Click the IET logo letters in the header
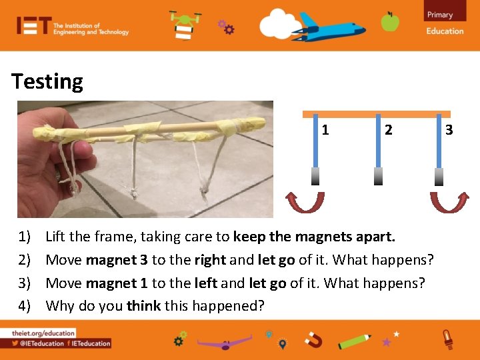(x=34, y=26)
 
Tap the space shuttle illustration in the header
(x=331, y=28)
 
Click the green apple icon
(x=390, y=22)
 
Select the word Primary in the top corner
(x=440, y=15)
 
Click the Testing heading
(x=47, y=82)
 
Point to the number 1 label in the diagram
(x=325, y=130)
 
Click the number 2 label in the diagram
(x=388, y=130)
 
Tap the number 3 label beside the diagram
(x=449, y=129)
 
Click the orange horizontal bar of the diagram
(x=377, y=114)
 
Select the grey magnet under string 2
(x=378, y=175)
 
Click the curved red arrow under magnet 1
(x=305, y=201)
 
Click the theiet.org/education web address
(x=43, y=333)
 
